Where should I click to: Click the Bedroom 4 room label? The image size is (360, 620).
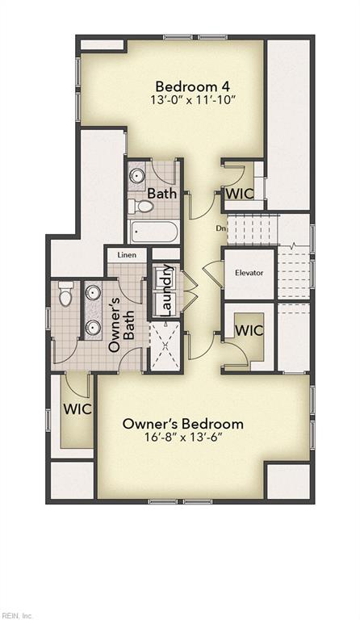pos(192,86)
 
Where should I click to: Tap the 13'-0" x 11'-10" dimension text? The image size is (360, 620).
pos(193,99)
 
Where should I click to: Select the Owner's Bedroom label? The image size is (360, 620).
pos(183,424)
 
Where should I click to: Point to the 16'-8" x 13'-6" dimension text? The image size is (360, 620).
pos(183,437)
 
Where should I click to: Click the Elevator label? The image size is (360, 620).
pos(249,272)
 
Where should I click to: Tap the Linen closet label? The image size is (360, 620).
pos(127,254)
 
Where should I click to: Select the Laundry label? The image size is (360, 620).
pos(167,290)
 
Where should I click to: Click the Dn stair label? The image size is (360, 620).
pos(220,228)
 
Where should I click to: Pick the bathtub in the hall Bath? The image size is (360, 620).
pos(153,232)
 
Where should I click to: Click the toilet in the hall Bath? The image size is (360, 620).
pos(141,206)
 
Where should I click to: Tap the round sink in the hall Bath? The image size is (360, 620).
pos(137,175)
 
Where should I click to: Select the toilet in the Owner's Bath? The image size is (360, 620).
pos(65,293)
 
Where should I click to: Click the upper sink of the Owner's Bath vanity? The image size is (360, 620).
pos(93,292)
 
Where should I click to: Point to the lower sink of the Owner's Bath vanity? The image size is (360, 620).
pos(93,327)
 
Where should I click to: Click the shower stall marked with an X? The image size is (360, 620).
pos(165,346)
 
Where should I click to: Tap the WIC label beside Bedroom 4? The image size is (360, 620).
pos(240,194)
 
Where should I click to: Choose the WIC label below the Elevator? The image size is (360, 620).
pos(249,330)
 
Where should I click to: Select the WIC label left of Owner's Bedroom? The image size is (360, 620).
pos(77,408)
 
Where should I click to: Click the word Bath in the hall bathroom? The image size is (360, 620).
pos(161,194)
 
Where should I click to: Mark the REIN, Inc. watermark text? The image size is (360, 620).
pos(17,616)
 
